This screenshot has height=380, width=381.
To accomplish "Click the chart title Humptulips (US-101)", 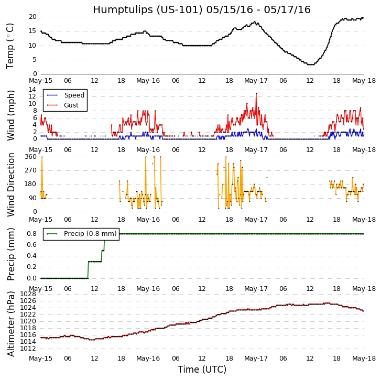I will click(202, 10).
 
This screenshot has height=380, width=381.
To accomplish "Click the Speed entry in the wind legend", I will click(74, 95).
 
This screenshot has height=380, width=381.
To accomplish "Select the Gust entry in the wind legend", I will click(71, 105).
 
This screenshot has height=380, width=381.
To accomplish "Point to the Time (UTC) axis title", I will click(202, 370).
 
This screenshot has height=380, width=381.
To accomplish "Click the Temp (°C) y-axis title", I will click(10, 46).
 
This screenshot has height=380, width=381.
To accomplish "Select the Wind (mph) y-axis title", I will click(11, 115).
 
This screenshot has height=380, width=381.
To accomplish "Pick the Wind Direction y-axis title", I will click(11, 184).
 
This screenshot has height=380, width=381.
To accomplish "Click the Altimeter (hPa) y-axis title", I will click(11, 323).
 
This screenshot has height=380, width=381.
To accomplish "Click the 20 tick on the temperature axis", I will click(32, 17).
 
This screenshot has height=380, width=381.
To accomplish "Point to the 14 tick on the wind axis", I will click(32, 90).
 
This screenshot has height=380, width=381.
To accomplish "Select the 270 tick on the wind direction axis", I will click(30, 170).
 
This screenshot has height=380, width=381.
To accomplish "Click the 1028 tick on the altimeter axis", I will click(28, 294).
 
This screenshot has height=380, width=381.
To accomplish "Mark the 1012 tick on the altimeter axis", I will click(28, 348).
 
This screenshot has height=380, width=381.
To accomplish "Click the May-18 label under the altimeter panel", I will click(364, 359).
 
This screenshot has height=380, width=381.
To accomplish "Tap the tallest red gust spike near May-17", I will click(256, 93).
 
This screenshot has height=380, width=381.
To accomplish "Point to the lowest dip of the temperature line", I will click(310, 64).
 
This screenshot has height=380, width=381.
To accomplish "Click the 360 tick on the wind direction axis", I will click(30, 157).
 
